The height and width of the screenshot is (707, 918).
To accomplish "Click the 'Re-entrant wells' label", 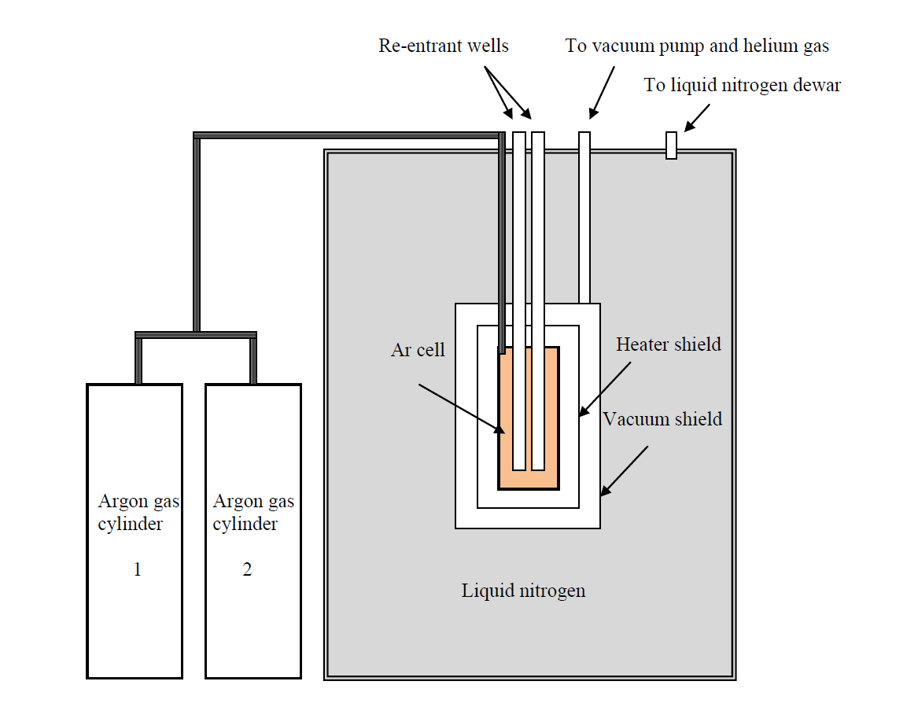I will [443, 46].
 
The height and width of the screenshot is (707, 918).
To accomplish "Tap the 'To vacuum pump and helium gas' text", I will [697, 46].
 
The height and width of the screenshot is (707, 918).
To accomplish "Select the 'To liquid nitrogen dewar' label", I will [742, 85].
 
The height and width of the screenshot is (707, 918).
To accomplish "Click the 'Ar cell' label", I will [418, 350].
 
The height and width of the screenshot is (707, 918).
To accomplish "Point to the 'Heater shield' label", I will [668, 344].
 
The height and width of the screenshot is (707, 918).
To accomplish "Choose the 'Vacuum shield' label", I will [662, 419].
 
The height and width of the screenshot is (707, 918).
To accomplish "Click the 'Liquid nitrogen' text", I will [523, 590].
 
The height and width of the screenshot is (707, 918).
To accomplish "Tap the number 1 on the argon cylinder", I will [137, 569].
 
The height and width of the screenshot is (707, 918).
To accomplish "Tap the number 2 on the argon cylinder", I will [247, 569].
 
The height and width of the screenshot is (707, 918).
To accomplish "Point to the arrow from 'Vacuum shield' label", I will [625, 471].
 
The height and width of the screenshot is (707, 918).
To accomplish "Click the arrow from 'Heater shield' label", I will [605, 388].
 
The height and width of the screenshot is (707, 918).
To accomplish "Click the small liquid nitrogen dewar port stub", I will [671, 145].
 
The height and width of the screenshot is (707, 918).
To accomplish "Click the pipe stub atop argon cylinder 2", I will [253, 362].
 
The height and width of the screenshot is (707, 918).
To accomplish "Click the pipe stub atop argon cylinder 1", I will [138, 362].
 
